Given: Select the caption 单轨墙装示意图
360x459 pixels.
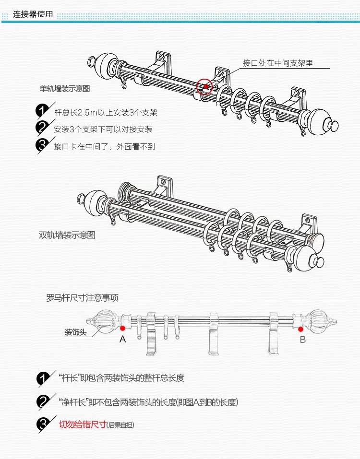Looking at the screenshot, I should click(65, 89).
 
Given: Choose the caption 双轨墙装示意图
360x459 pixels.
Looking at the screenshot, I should click(67, 235).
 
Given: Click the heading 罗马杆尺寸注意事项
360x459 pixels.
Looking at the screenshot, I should click(82, 298).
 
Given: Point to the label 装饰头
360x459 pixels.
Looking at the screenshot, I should click(76, 332).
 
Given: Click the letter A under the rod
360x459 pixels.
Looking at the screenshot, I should click(123, 340).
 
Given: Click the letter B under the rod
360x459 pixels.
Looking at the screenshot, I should click(302, 340).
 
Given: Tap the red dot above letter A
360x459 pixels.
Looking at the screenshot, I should click(123, 329).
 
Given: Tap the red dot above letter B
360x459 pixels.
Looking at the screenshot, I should click(301, 329).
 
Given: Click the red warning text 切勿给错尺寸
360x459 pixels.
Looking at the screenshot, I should click(82, 424).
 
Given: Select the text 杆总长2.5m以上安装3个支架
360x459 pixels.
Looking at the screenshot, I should click(106, 113).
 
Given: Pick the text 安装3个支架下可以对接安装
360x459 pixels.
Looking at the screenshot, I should click(103, 129).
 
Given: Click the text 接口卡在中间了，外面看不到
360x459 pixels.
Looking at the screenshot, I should click(104, 146).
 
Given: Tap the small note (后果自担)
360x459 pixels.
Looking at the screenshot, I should click(121, 425).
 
